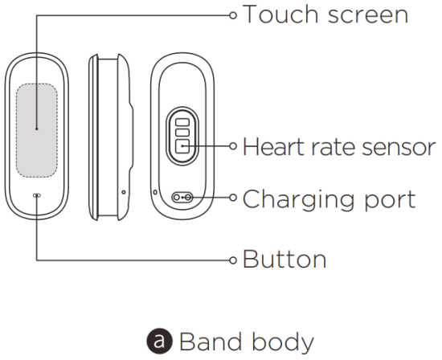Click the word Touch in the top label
point(280,14)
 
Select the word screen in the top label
point(368,16)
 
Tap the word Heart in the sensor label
point(274,146)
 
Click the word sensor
point(399,149)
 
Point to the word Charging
point(299,200)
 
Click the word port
point(391,200)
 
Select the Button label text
point(284,259)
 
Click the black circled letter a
point(160,341)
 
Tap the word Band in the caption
point(211,341)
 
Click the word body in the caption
point(283,342)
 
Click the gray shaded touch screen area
point(37,130)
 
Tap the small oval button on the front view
point(37,195)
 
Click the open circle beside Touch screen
point(233,15)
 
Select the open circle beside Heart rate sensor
point(233,146)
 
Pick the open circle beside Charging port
point(233,198)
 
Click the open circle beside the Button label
point(233,260)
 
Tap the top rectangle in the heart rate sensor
point(182,122)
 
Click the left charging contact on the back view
point(177,198)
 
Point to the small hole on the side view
point(124,192)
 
